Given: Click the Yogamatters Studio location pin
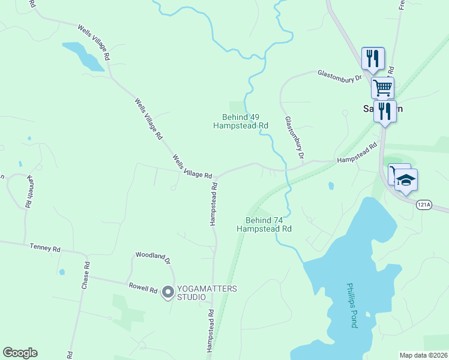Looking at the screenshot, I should coord(168,292).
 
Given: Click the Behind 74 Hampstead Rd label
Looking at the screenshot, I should coord(264,224).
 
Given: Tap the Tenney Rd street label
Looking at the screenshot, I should coord(46,247).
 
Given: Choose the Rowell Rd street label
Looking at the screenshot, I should coord(142,287).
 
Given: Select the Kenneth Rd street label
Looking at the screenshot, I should coord(28,191).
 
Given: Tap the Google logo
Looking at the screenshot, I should coord(20,353).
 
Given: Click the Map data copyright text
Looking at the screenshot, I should coord(424,355).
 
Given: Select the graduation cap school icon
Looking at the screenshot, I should coord(406,179).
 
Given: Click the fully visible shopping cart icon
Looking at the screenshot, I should coord(382,88).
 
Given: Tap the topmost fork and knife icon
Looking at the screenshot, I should coord(373,58).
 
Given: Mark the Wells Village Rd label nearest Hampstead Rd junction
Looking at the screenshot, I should coord(192,167).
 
